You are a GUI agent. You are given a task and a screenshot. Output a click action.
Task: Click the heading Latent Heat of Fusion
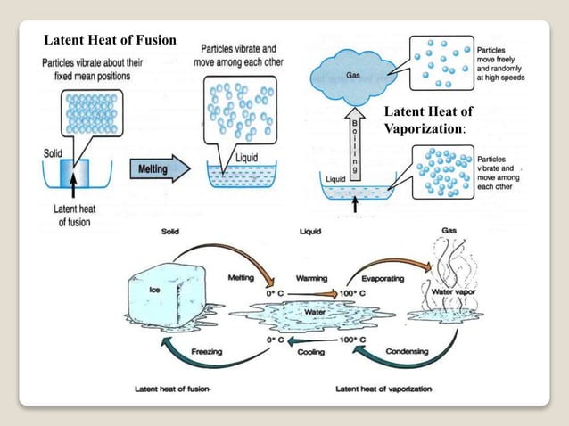tap(111, 40)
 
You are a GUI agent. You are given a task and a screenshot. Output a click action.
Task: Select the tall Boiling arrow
tap(355, 142)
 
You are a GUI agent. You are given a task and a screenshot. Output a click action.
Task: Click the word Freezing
tap(206, 351)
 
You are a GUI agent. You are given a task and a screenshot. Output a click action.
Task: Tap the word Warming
tap(311, 278)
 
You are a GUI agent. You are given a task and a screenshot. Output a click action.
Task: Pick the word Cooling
tap(311, 351)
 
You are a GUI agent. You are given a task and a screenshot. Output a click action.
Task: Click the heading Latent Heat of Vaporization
tap(427, 120)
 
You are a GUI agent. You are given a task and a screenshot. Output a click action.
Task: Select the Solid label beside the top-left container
tap(53, 154)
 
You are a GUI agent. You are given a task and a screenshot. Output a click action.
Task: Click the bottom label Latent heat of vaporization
tap(383, 389)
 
